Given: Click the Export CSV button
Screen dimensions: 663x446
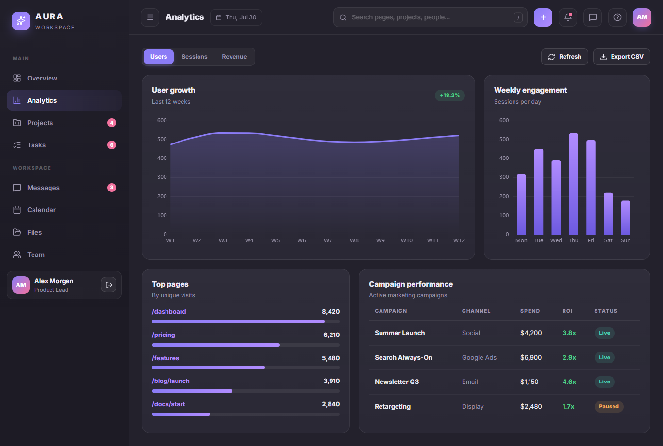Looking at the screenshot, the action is pyautogui.click(x=621, y=57).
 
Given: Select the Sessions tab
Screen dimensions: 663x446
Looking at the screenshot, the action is pyautogui.click(x=195, y=57).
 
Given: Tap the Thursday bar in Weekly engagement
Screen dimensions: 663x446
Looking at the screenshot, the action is pyautogui.click(x=573, y=184).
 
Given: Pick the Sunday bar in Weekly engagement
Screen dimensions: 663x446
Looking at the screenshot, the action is pyautogui.click(x=626, y=218).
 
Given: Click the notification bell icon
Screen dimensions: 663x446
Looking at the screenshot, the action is pyautogui.click(x=568, y=17).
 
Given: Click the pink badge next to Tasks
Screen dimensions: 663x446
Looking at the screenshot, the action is pyautogui.click(x=112, y=145).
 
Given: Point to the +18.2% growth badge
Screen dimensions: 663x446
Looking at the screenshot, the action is pyautogui.click(x=449, y=96).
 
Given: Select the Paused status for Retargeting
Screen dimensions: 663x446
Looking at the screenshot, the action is pyautogui.click(x=609, y=406).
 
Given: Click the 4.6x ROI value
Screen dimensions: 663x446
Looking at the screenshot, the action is pyautogui.click(x=569, y=382).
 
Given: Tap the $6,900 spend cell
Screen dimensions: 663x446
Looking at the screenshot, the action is pyautogui.click(x=531, y=358).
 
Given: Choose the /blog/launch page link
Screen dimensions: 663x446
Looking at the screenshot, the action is pyautogui.click(x=171, y=381).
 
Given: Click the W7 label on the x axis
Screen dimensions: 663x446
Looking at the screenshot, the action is pyautogui.click(x=328, y=240).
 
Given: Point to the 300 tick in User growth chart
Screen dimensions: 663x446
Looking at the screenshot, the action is pyautogui.click(x=162, y=177).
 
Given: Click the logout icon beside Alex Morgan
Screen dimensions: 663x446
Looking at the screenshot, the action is pyautogui.click(x=109, y=285).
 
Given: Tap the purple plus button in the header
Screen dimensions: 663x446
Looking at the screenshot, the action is pyautogui.click(x=543, y=17).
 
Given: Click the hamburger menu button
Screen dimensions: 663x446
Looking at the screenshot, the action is pyautogui.click(x=150, y=17).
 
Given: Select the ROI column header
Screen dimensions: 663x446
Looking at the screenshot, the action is pyautogui.click(x=567, y=311).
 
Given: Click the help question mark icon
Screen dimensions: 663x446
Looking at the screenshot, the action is pyautogui.click(x=617, y=17).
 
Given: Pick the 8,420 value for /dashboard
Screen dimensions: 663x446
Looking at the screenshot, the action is pyautogui.click(x=331, y=312).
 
